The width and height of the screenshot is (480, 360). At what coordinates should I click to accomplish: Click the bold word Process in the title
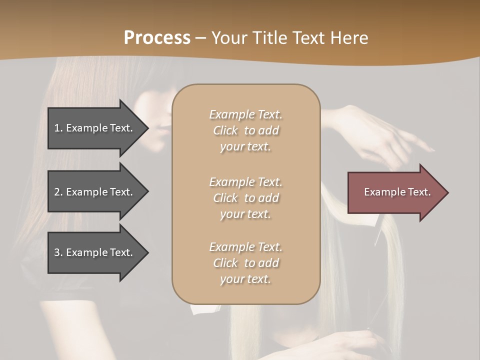pos(157,38)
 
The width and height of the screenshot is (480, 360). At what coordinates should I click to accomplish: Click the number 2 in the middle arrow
pos(57,192)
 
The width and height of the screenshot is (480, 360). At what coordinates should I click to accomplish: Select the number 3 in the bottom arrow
pos(57,252)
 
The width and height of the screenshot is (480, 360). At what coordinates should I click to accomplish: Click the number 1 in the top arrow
pos(57,128)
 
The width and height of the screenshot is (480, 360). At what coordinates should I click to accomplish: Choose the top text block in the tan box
pos(245,130)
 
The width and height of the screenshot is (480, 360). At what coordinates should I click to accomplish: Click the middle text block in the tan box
pos(245,197)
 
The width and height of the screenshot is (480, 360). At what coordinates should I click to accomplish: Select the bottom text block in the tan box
pos(245,263)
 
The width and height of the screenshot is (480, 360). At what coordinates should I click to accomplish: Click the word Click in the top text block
pos(225,130)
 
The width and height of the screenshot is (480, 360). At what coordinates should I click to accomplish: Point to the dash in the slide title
pos(200,38)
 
